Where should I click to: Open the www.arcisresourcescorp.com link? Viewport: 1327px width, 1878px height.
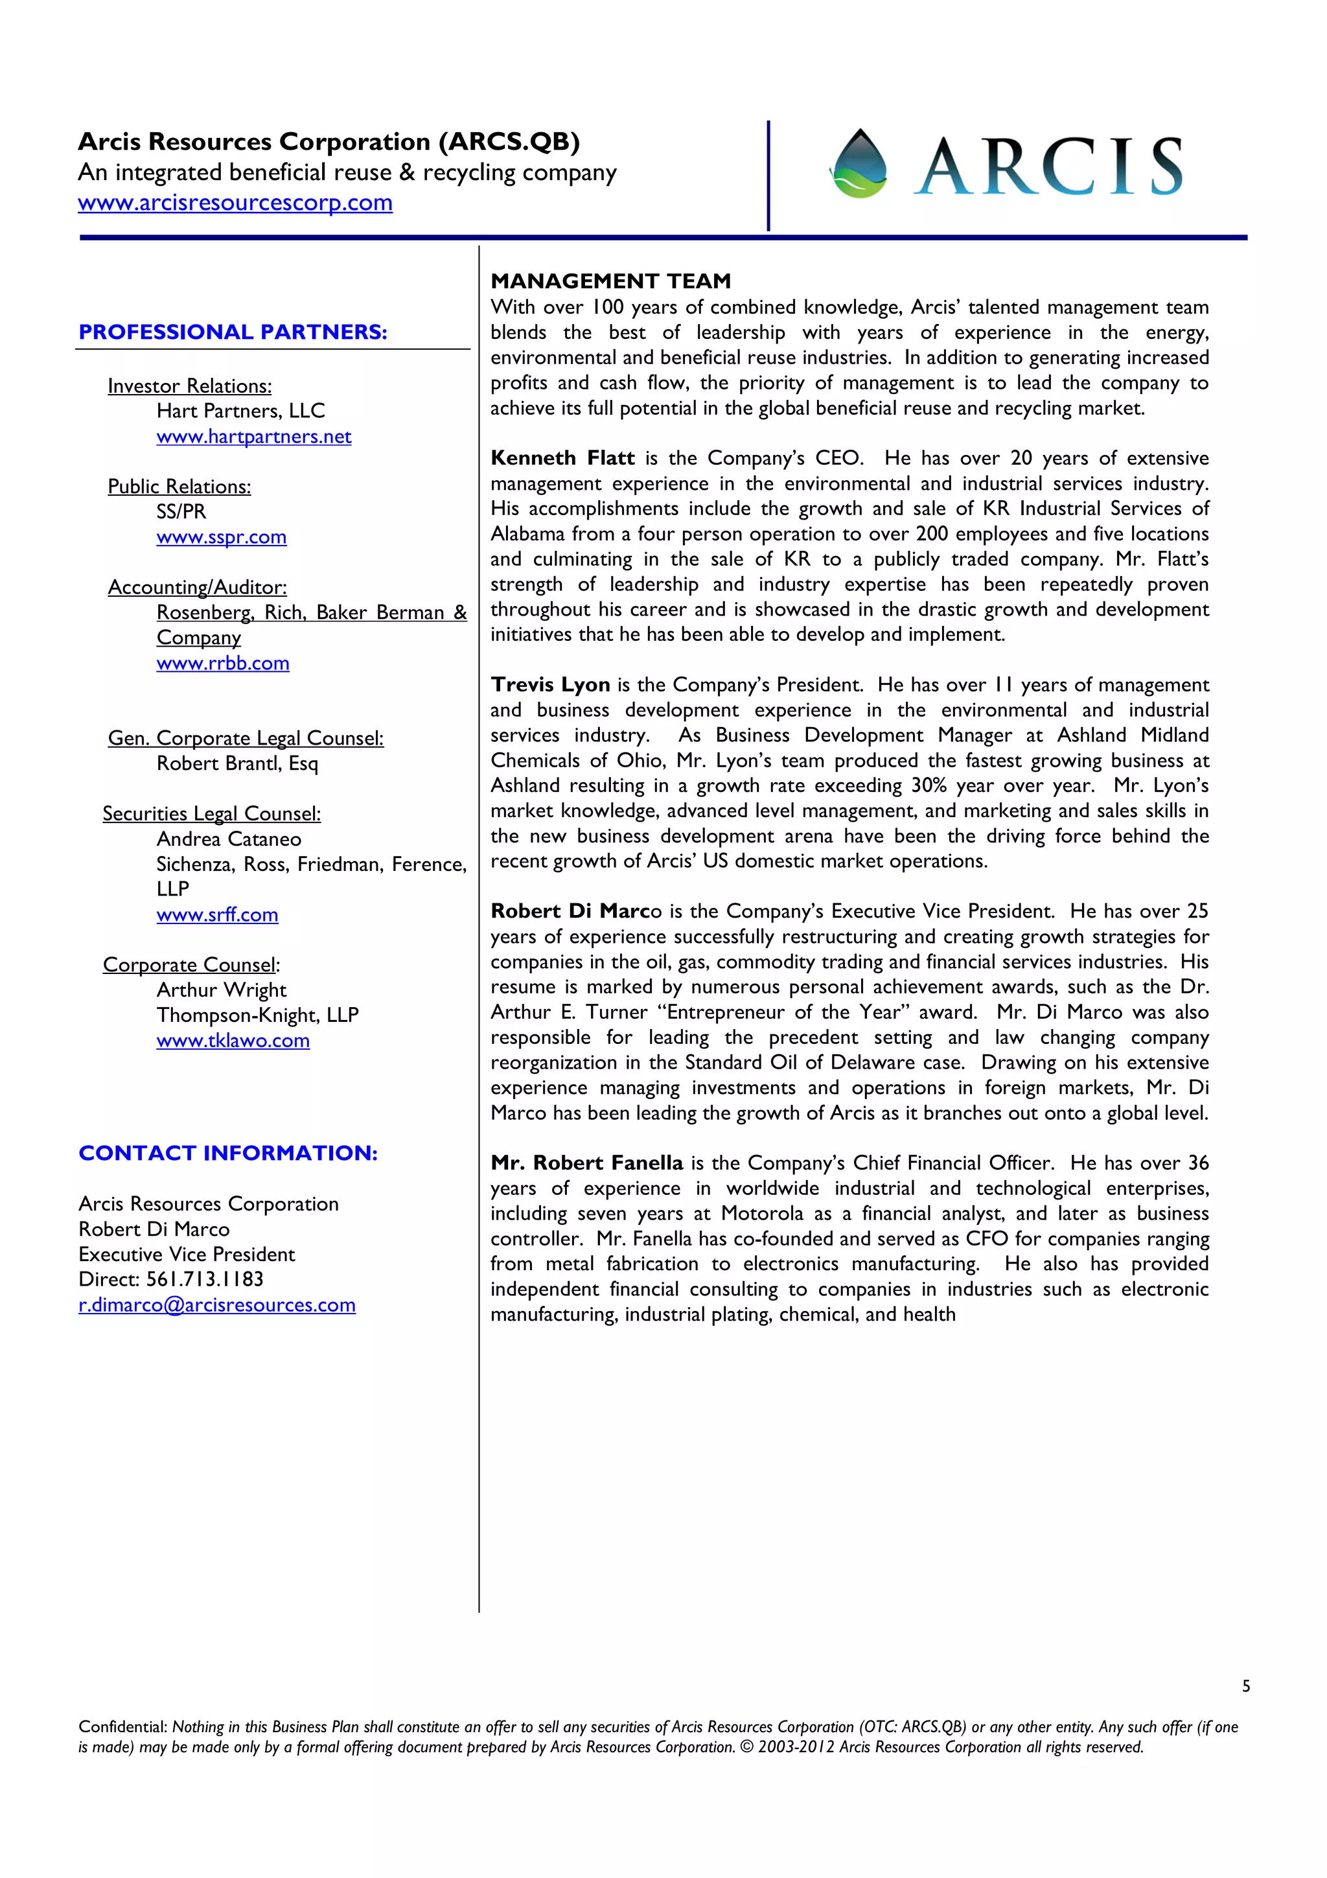(235, 203)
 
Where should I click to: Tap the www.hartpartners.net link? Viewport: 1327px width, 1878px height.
(253, 437)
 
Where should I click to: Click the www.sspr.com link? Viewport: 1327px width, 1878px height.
(221, 537)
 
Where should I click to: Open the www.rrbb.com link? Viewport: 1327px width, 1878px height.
(222, 664)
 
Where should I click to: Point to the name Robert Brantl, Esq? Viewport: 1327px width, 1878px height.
(237, 764)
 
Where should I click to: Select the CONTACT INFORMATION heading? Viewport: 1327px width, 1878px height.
(227, 1153)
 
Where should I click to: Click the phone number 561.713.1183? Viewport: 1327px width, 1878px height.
(204, 1279)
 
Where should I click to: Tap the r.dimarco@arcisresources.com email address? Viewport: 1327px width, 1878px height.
(216, 1305)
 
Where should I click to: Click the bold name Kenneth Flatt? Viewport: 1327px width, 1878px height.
(562, 459)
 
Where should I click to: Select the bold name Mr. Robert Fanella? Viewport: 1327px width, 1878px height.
(586, 1163)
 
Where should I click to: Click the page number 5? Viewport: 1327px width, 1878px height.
(1245, 1686)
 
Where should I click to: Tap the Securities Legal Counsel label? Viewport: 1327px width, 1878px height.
(211, 814)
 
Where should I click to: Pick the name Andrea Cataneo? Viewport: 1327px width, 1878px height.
(228, 839)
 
